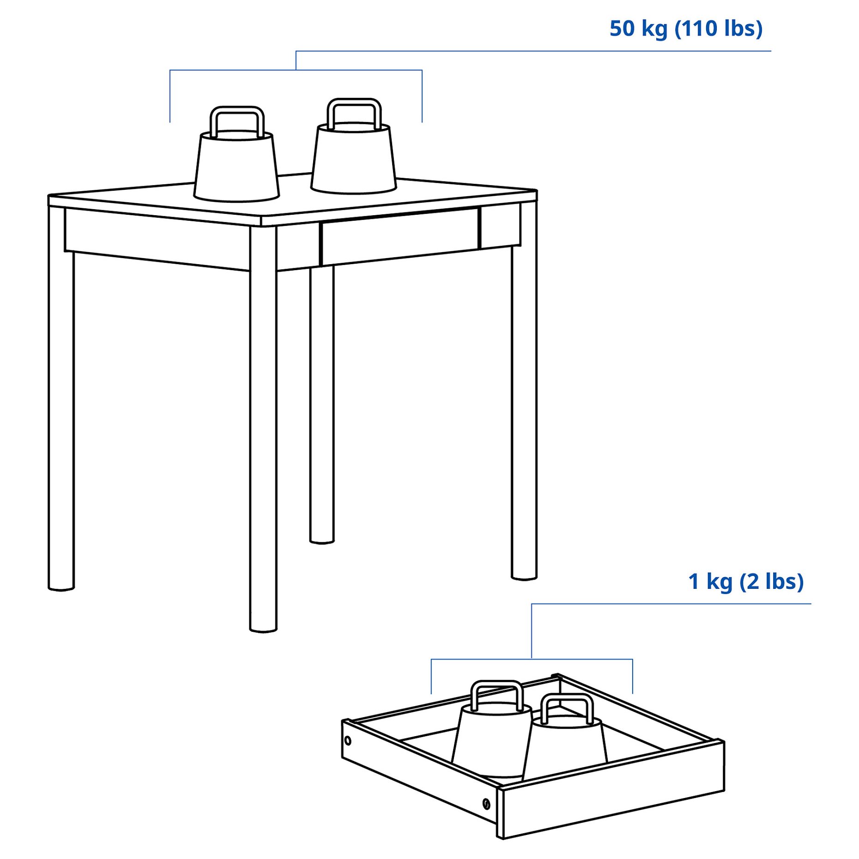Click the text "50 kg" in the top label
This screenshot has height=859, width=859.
point(638,29)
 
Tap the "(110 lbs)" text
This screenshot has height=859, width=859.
point(719,29)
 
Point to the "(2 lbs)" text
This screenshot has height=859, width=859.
point(771,581)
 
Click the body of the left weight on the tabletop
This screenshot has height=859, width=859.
point(236,169)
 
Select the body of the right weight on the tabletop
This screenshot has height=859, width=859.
point(354,159)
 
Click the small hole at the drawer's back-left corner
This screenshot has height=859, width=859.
point(348,741)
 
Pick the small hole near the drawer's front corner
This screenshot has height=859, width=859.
point(486,804)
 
